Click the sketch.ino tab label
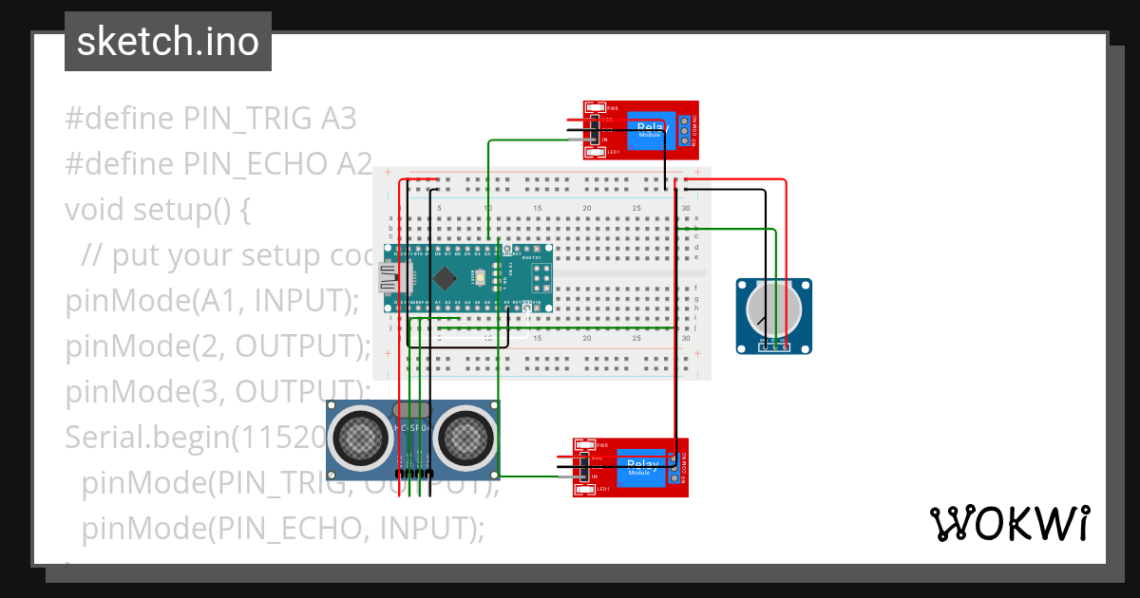[168, 42]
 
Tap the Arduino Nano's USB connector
[389, 277]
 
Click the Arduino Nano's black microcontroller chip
[445, 278]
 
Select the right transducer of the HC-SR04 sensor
[464, 437]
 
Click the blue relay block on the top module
[652, 130]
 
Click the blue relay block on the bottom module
[642, 467]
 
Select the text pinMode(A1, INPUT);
[213, 300]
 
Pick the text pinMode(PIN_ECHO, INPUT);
[283, 527]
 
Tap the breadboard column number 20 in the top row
[587, 209]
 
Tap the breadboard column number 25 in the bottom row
[636, 338]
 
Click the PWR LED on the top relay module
[596, 107]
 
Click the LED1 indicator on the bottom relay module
[586, 489]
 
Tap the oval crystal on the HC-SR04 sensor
[411, 410]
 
